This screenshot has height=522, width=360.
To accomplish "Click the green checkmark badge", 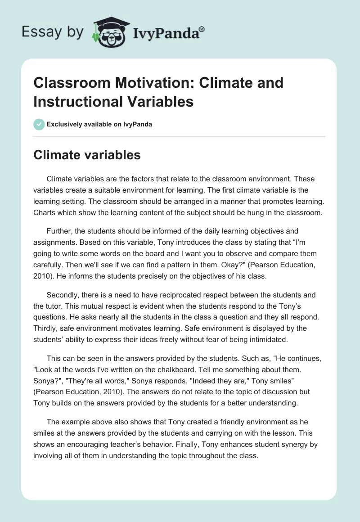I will [x=39, y=124].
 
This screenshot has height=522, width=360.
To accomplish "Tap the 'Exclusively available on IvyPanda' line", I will [x=99, y=124].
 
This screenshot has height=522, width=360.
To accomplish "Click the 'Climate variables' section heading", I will [x=87, y=155].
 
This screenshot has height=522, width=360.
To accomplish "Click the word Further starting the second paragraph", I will [x=60, y=231].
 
